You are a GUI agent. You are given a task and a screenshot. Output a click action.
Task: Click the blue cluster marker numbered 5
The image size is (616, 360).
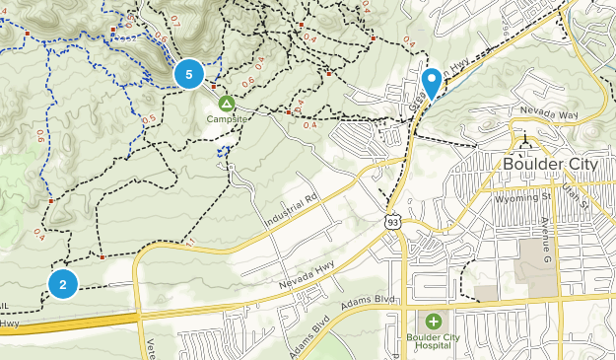click(x=189, y=73)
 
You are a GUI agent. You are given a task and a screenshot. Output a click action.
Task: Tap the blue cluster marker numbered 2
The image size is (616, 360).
click(x=63, y=284)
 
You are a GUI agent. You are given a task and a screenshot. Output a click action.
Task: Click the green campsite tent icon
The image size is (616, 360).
click(x=227, y=103)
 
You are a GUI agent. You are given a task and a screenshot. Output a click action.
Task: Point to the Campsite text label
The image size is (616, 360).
click(x=227, y=118)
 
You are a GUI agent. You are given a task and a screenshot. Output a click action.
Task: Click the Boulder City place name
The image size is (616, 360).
click(x=544, y=164)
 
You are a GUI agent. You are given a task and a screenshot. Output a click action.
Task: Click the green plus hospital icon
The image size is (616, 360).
click(x=434, y=322)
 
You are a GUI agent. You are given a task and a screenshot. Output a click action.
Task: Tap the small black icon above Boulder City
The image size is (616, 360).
click(x=524, y=141)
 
